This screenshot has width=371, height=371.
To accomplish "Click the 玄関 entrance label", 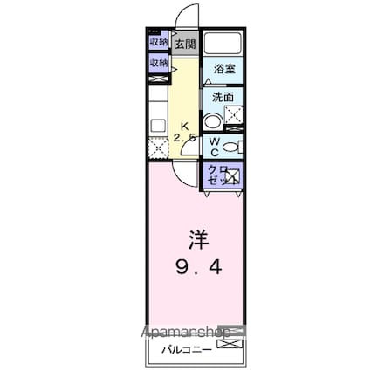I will (184, 44).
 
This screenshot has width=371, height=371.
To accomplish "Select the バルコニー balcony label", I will (182, 352).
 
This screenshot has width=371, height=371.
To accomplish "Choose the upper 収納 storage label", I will (159, 41).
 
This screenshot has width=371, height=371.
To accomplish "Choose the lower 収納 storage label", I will (159, 63).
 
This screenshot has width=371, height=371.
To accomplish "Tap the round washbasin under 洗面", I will (212, 120).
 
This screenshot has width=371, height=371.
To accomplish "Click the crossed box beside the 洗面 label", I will (233, 113).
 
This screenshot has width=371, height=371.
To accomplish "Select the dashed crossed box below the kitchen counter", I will (158, 149).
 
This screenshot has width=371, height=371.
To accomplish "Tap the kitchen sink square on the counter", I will (158, 126).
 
